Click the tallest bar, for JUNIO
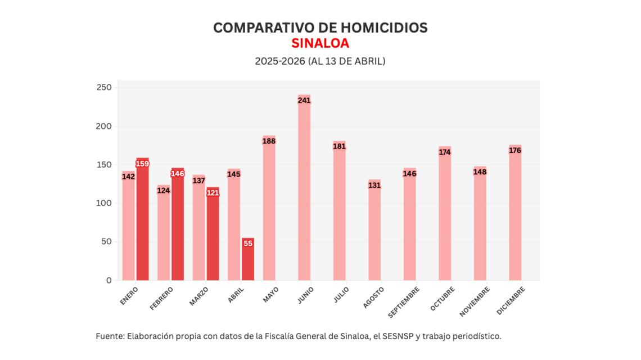(304, 191)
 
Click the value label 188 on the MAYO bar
(269, 141)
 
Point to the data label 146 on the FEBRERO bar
(178, 174)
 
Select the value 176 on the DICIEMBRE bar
(515, 150)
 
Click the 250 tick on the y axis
(104, 88)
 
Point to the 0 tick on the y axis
(109, 280)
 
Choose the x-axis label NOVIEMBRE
(474, 301)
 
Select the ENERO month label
(129, 296)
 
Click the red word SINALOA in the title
(320, 43)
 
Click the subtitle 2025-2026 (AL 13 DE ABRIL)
(320, 61)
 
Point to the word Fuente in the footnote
(109, 336)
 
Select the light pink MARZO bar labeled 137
(198, 231)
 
